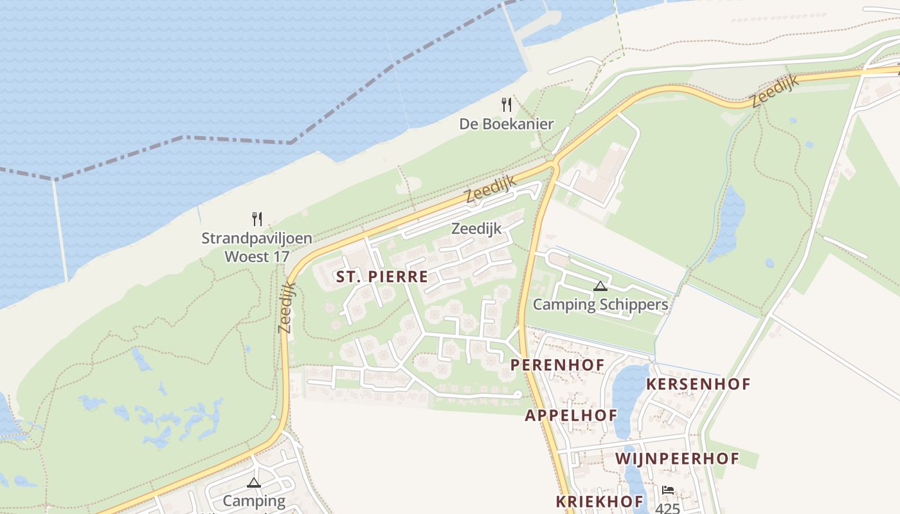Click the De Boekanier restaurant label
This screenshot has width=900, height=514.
pos(506,124)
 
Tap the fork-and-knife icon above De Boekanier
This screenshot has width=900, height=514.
pos(507,104)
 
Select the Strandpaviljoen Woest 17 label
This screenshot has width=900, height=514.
pos(256,247)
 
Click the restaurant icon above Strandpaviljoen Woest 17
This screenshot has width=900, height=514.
pos(257,218)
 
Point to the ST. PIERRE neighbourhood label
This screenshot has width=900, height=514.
pos(382,277)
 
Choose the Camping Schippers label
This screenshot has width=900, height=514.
pos(600,305)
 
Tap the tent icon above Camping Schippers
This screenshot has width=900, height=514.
pos(600,286)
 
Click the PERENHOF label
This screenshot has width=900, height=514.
pos(557,365)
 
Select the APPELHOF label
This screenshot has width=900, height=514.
pos(571,415)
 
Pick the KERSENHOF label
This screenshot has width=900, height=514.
pos(698,384)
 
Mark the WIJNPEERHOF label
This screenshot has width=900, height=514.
pos(677,459)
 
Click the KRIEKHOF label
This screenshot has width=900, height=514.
pos(599,501)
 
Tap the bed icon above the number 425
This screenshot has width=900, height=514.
pos(668,490)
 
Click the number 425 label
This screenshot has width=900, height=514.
pos(668,508)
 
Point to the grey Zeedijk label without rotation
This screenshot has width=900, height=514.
pos(476,228)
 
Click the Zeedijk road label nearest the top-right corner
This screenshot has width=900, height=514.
pos(775,91)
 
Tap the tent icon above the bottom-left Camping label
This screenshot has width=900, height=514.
pos(254,483)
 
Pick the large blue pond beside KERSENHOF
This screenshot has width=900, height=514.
pos(630,398)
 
